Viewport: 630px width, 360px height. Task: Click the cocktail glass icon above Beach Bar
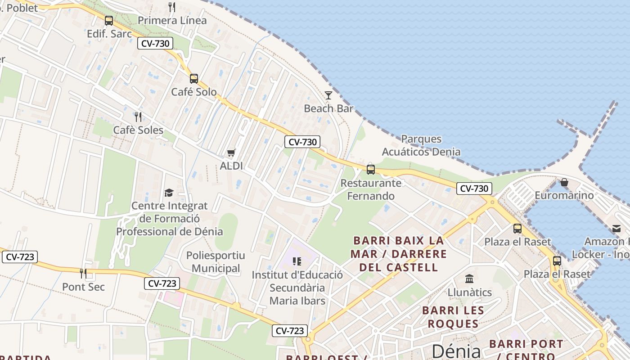click(x=328, y=95)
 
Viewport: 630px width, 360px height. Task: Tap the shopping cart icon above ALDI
click(x=231, y=153)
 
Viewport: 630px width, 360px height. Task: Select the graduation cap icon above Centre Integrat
click(x=169, y=193)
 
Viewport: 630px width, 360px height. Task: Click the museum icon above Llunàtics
click(x=469, y=279)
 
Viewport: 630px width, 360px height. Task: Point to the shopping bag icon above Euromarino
click(x=564, y=182)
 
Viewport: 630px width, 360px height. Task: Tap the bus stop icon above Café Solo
click(x=194, y=78)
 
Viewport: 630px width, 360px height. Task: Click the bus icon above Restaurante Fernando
click(x=371, y=169)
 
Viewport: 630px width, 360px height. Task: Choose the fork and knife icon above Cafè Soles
click(x=138, y=117)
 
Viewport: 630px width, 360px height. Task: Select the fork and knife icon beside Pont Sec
click(x=83, y=273)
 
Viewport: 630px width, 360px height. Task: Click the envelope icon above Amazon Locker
click(x=616, y=229)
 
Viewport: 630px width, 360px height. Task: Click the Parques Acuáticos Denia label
click(x=421, y=145)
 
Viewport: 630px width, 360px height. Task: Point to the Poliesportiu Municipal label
click(x=216, y=262)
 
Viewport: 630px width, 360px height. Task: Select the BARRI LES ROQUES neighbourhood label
click(x=453, y=317)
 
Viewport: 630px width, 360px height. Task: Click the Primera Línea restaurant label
click(x=172, y=20)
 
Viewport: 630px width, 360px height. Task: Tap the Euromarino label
click(x=564, y=196)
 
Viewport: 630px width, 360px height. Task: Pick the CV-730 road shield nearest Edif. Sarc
click(x=155, y=44)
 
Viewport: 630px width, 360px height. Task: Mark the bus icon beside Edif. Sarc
click(x=109, y=20)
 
